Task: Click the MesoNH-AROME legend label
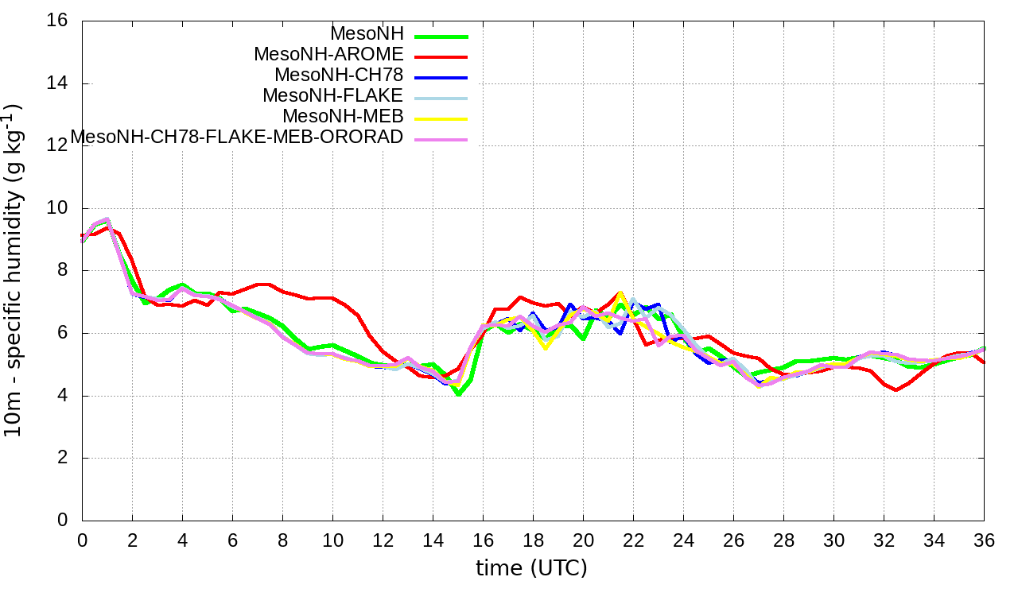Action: tap(328, 54)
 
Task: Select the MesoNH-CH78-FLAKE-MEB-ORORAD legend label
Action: tap(237, 137)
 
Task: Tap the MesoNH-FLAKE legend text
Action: tap(333, 95)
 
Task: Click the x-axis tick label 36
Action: tap(984, 541)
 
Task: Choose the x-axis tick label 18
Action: tap(533, 541)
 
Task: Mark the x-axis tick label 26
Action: tap(733, 541)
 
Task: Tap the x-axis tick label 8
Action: tap(282, 541)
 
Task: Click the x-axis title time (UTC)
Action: tap(531, 568)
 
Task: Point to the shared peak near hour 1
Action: tap(107, 219)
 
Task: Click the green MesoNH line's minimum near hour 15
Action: tap(458, 393)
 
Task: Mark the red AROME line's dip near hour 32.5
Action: tap(896, 389)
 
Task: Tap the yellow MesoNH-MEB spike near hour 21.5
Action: tap(620, 293)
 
